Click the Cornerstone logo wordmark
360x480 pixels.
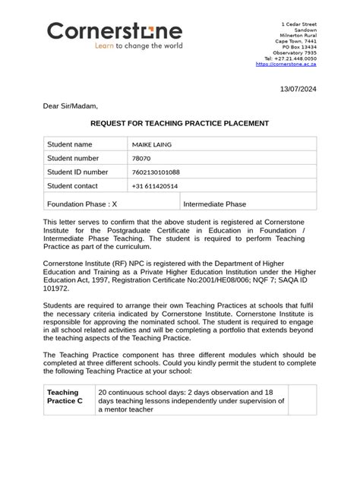point(115,30)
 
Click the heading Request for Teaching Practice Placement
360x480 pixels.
point(180,123)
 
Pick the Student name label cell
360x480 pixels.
point(70,144)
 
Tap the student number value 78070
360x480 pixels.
point(141,158)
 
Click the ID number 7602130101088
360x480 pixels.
point(156,172)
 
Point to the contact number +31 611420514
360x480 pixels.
point(155,186)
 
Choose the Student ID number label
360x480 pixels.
point(77,172)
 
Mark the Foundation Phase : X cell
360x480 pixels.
point(82,204)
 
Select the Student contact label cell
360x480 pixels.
point(73,186)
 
